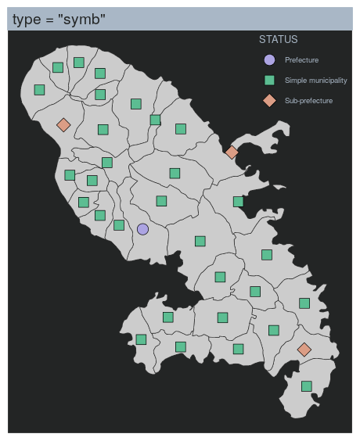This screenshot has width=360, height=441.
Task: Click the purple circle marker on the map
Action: coord(142,229)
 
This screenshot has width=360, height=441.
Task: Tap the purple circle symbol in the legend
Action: coord(269,59)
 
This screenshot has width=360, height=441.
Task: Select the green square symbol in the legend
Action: coord(269,80)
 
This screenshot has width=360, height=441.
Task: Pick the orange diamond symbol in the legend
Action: coord(269,100)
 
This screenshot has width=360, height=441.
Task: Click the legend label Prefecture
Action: coord(301,60)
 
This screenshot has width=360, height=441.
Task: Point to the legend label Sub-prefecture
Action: coord(308,101)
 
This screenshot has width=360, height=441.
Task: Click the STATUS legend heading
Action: coord(278,39)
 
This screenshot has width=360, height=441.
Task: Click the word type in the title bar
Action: coord(27,19)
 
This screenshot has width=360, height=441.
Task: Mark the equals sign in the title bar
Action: coord(49,20)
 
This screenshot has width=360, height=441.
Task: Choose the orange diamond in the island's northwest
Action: coord(63,124)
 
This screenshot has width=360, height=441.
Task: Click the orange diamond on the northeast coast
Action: coord(231,152)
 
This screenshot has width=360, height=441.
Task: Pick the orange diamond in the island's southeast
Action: coord(304,350)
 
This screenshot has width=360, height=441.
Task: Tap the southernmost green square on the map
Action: coord(307,385)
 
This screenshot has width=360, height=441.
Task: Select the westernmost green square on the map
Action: coord(39,90)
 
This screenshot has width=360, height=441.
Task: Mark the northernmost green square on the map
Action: coord(78,62)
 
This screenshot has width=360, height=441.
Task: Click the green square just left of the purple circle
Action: coord(118,225)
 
